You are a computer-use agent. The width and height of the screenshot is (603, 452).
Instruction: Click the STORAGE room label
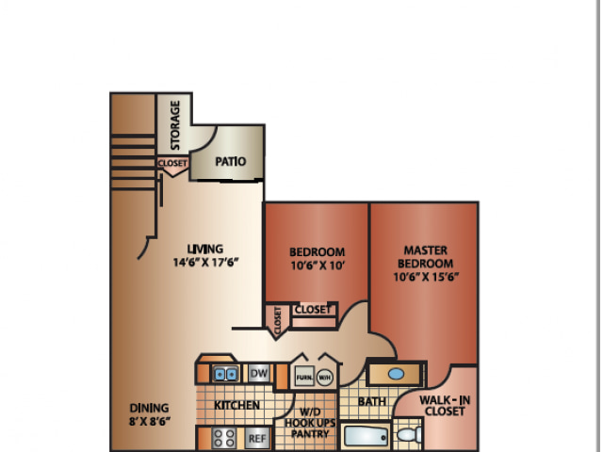[175, 125]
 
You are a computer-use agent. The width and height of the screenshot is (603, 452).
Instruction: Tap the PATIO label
[230, 161]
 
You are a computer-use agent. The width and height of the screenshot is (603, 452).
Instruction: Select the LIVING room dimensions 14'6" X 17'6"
[205, 263]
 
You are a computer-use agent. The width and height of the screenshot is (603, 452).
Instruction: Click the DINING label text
[149, 408]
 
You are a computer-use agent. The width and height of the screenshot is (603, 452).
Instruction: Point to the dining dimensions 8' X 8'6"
[150, 421]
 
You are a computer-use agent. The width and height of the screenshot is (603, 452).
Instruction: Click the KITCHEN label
[236, 405]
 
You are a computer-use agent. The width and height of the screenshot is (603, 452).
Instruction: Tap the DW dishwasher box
[259, 373]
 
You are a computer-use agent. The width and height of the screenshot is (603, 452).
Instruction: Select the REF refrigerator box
[257, 438]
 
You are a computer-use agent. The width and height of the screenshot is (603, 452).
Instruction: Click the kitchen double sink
[225, 374]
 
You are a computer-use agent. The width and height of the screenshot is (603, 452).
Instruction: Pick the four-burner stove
[224, 438]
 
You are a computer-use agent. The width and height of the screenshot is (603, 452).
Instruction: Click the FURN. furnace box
[304, 378]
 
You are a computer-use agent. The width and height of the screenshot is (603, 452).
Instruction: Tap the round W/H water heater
[324, 378]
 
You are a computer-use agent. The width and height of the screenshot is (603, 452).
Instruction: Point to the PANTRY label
[310, 434]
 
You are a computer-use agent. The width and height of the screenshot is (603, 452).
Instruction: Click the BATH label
[372, 402]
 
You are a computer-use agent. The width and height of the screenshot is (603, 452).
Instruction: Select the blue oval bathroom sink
[396, 374]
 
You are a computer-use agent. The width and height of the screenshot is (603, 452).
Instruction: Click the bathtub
[366, 437]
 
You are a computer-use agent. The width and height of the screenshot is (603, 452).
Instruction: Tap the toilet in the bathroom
[408, 435]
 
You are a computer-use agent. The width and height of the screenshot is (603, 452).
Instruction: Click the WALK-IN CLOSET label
[445, 406]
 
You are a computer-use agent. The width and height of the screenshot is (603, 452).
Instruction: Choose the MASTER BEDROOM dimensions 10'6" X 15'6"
[426, 277]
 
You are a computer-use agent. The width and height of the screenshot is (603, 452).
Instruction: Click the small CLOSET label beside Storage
[172, 163]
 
